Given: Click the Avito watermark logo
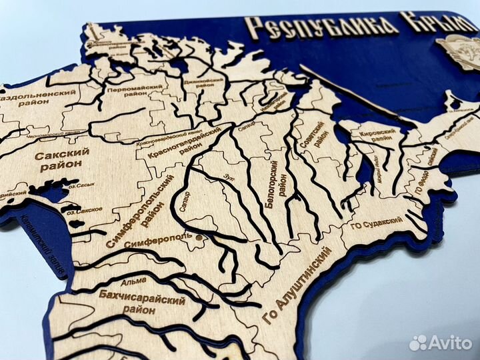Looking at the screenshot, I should tap(441, 343).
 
